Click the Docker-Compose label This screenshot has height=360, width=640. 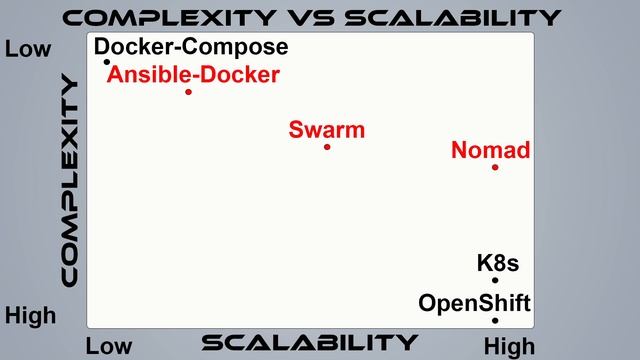click(x=191, y=47)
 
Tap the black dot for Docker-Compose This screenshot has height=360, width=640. click(x=107, y=62)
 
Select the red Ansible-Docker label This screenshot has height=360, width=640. click(x=194, y=74)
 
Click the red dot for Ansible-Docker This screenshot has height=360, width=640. click(x=188, y=92)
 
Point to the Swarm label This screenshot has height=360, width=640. click(x=327, y=130)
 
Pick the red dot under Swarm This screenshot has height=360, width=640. click(x=327, y=147)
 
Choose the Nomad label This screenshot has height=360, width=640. click(x=490, y=151)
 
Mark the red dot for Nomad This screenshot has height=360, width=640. click(x=495, y=167)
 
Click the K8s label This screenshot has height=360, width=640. click(x=498, y=265)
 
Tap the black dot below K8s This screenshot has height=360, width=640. click(x=495, y=280)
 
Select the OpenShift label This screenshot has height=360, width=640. click(x=474, y=303)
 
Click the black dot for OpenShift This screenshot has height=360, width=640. click(x=495, y=320)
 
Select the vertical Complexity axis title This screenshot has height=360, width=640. click(x=69, y=181)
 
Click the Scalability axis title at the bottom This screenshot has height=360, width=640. click(x=309, y=343)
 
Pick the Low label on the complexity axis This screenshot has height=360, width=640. click(x=28, y=48)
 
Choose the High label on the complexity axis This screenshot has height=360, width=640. click(x=31, y=317)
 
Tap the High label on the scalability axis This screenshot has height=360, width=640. click(x=510, y=346)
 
